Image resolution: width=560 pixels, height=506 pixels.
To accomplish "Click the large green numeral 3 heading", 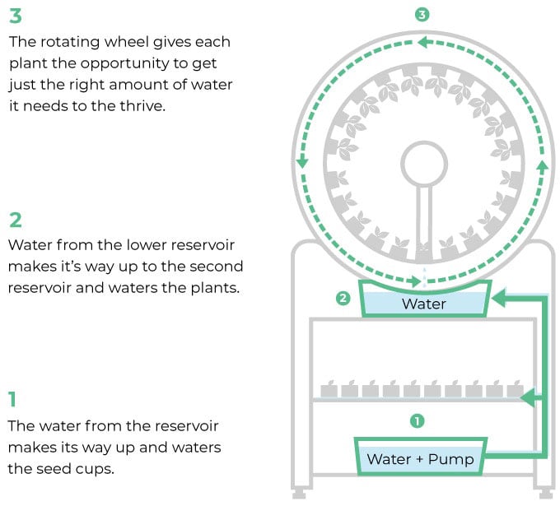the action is coord(16,16).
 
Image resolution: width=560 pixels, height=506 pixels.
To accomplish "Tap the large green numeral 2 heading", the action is coord(16,220).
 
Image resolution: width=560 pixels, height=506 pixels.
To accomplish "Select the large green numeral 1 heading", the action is coord(13,399).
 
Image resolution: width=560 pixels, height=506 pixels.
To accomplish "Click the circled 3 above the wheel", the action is coord(422,15).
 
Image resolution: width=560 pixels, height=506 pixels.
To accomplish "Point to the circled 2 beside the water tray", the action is coord(343,298).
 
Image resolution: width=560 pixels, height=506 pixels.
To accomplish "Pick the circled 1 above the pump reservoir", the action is coord(418,421).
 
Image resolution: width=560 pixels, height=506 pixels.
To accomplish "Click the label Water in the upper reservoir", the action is coord(424,304).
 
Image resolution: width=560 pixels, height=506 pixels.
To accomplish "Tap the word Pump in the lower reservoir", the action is coord(451,459).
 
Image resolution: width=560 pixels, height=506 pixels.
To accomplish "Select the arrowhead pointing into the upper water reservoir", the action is coord(498,298).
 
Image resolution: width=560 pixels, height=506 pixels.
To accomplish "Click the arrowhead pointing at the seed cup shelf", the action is coord(528,397).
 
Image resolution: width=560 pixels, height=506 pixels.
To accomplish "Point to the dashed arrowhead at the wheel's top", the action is coord(423,42).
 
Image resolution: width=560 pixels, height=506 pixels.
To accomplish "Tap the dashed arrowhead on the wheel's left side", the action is coord(302,162).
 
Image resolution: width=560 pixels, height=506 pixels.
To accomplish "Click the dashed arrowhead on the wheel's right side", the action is coord(543,166).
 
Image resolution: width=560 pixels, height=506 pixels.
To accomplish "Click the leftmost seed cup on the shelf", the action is coord(329,389).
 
